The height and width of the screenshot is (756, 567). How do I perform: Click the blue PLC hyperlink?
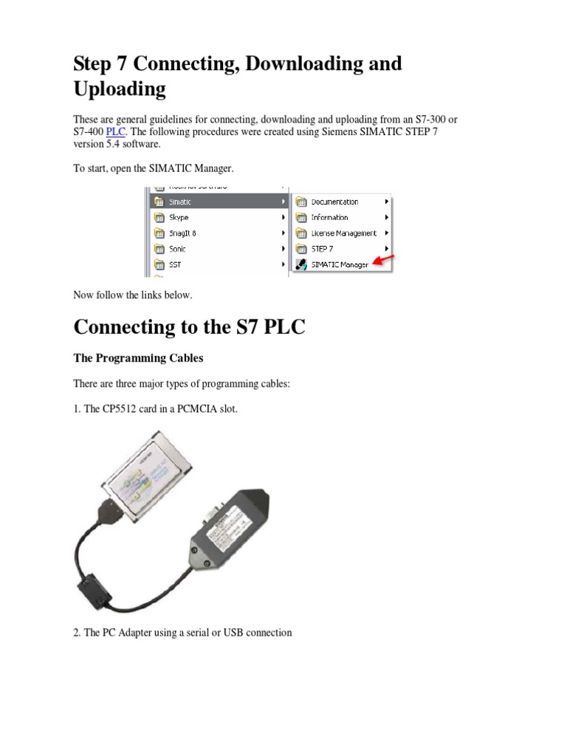coord(116,131)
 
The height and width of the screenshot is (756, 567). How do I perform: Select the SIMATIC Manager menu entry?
coord(339,264)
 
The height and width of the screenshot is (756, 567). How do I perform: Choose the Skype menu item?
coord(179,218)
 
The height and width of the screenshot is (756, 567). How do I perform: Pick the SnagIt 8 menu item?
coord(182,233)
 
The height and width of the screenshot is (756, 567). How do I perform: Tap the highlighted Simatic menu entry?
coord(181,202)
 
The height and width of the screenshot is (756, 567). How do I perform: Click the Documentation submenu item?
coord(334,202)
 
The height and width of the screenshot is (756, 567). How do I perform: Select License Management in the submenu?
coord(343,233)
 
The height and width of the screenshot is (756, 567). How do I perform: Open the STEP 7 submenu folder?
coord(323,249)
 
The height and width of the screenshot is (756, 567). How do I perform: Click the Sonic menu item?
coord(178,249)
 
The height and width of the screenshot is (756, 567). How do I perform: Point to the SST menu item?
coord(176,264)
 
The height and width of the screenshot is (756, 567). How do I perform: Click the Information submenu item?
coord(329,218)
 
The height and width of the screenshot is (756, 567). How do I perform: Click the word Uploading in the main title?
coord(120,89)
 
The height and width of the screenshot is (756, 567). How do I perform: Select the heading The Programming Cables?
coord(138,358)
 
